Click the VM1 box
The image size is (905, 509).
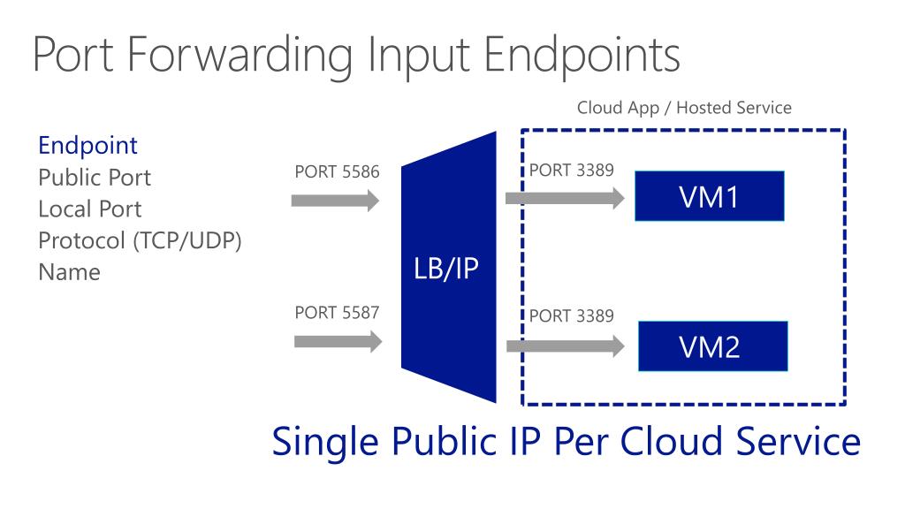click(x=709, y=195)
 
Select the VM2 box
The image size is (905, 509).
click(x=711, y=346)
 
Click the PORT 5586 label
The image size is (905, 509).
click(x=337, y=172)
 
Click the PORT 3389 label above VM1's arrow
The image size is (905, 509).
click(x=571, y=171)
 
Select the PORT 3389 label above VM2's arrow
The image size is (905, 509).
click(x=571, y=315)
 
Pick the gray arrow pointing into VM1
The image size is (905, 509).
click(x=564, y=198)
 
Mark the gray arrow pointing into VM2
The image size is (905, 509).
click(x=564, y=346)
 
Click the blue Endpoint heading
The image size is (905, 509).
click(x=87, y=145)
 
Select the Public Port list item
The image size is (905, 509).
click(x=95, y=178)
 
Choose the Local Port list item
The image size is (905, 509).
click(x=89, y=209)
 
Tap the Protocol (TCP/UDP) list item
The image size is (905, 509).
click(x=140, y=240)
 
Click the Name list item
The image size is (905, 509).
click(x=69, y=272)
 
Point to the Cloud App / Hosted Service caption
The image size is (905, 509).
click(x=684, y=108)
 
